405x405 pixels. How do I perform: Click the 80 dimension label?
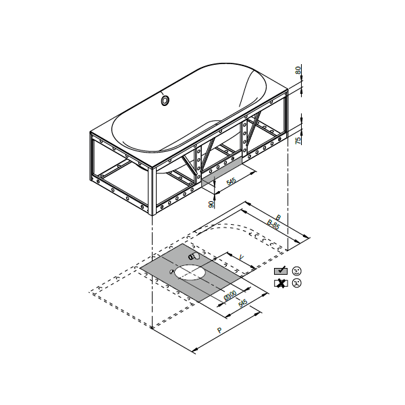[x=298, y=70]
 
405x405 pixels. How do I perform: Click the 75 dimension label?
[x=298, y=140]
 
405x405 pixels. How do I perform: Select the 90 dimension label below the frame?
[x=212, y=203]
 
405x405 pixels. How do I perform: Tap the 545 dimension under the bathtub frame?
[x=232, y=182]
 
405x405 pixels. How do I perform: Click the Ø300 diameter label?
[x=230, y=296]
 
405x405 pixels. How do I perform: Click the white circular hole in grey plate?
[x=191, y=273]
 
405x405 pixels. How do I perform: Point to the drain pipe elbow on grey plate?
[x=194, y=256]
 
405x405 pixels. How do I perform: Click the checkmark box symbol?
[x=280, y=270]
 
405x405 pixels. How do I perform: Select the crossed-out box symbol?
[x=280, y=283]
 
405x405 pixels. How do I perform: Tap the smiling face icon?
[x=296, y=270]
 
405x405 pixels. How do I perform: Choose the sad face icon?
[x=296, y=283]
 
